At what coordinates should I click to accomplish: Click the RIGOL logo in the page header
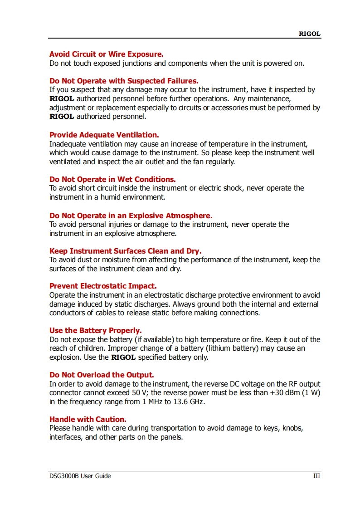pyautogui.click(x=309, y=34)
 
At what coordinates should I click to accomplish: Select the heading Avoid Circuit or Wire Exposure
pyautogui.click(x=106, y=54)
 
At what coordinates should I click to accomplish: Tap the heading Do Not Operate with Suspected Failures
pyautogui.click(x=124, y=81)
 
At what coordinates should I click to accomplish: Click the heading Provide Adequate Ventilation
pyautogui.click(x=104, y=135)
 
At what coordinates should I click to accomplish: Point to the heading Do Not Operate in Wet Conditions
pyautogui.click(x=112, y=179)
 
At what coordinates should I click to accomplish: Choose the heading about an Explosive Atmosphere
pyautogui.click(x=131, y=215)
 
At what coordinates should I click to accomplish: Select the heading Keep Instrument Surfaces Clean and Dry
pyautogui.click(x=125, y=251)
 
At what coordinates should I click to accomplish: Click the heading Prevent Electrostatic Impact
pyautogui.click(x=103, y=286)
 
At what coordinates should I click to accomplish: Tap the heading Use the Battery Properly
pyautogui.click(x=95, y=331)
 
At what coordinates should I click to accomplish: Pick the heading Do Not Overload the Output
pyautogui.click(x=102, y=375)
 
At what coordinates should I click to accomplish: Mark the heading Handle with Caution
pyautogui.click(x=88, y=419)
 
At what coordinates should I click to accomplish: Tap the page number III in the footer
pyautogui.click(x=316, y=476)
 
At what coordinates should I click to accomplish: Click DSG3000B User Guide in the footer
pyautogui.click(x=80, y=476)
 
